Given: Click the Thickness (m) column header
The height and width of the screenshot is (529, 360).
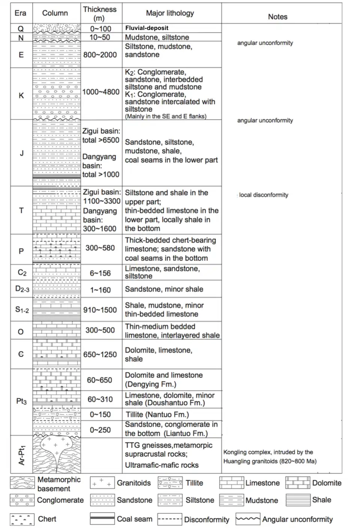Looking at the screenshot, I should pyautogui.click(x=100, y=13).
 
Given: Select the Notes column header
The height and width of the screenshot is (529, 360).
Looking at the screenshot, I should pyautogui.click(x=277, y=16).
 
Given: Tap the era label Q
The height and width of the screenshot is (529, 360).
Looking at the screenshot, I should pyautogui.click(x=21, y=28).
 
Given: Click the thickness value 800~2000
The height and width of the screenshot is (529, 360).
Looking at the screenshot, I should pyautogui.click(x=100, y=55).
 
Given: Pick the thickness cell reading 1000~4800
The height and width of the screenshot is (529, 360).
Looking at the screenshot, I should pyautogui.click(x=101, y=92).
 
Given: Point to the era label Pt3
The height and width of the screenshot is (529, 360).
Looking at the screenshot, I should pyautogui.click(x=21, y=401).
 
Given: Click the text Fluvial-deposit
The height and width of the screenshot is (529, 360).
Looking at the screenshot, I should pyautogui.click(x=147, y=28).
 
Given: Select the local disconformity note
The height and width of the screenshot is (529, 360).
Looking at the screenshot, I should pyautogui.click(x=264, y=195).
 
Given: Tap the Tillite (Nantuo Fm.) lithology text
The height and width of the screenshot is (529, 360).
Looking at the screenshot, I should pyautogui.click(x=157, y=414).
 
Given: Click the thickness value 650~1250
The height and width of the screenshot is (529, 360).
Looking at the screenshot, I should pyautogui.click(x=100, y=354).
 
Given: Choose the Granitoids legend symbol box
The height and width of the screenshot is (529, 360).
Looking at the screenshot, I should pyautogui.click(x=102, y=483).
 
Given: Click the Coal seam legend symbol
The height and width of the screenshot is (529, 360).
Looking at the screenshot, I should pyautogui.click(x=102, y=519).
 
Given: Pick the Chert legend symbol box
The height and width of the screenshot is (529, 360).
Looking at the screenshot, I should pyautogui.click(x=22, y=519).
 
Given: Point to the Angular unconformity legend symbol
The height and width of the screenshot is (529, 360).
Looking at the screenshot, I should pyautogui.click(x=247, y=519).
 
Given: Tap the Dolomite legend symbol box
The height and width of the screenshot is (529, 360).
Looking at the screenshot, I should pyautogui.click(x=298, y=483).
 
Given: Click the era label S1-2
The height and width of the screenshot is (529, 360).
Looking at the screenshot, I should pyautogui.click(x=22, y=310).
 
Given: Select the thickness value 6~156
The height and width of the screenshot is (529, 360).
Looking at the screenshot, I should pyautogui.click(x=100, y=273).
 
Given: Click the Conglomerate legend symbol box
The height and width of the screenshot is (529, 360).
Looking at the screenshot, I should pyautogui.click(x=22, y=500).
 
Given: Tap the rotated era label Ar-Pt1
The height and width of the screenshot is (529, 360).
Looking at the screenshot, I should pyautogui.click(x=22, y=455).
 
